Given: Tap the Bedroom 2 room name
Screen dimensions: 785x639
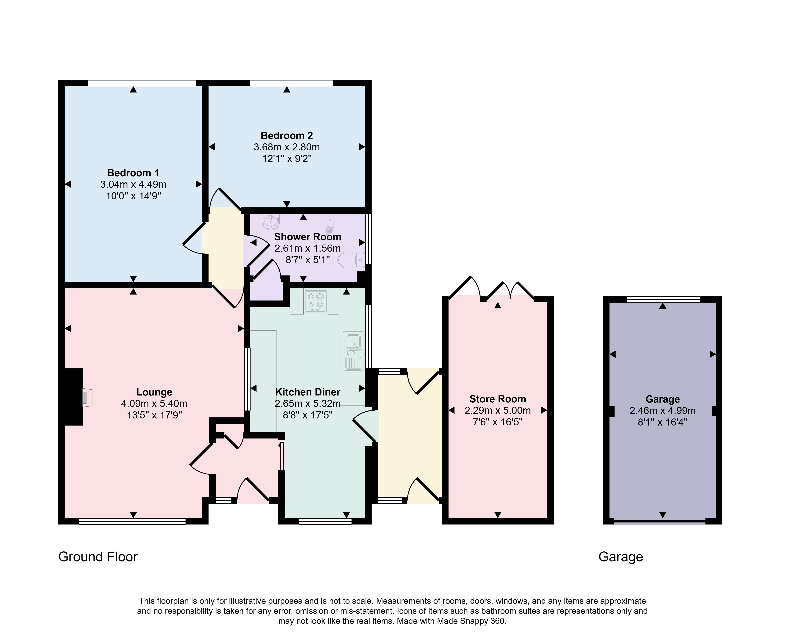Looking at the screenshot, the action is (x=287, y=136).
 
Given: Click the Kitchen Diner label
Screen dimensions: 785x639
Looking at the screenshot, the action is (x=308, y=392).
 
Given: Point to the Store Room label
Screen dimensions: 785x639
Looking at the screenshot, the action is (x=497, y=399).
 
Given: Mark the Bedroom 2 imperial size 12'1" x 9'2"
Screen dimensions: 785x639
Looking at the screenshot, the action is (x=287, y=159).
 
